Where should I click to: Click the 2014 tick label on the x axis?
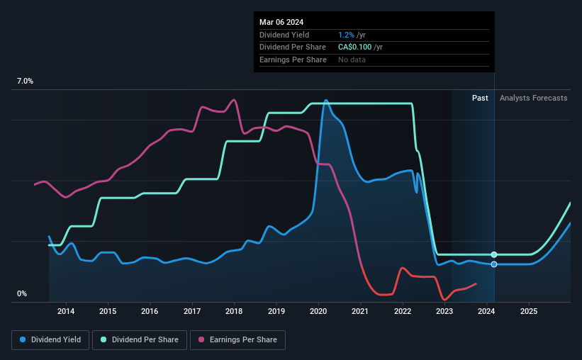pos(66,311)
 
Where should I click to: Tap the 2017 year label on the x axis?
pos(192,311)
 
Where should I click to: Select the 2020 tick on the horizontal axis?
pos(318,311)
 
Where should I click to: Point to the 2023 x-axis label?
pos(444,311)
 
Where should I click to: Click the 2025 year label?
pos(529,311)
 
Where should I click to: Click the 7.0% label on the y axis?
pos(26,81)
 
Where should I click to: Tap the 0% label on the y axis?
pos(22,293)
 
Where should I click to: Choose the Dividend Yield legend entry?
pos(50,340)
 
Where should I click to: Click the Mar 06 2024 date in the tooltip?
pos(281,21)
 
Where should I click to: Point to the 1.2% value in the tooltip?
pos(347,35)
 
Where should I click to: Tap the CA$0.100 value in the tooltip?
pos(359,47)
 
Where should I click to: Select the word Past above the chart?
pos(480,98)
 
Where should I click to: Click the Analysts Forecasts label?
pos(533,98)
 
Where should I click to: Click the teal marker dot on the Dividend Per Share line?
pos(494,254)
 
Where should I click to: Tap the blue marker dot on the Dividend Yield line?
pos(494,264)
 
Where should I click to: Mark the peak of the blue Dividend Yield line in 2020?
pos(326,100)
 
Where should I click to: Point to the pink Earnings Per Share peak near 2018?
pos(234,100)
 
